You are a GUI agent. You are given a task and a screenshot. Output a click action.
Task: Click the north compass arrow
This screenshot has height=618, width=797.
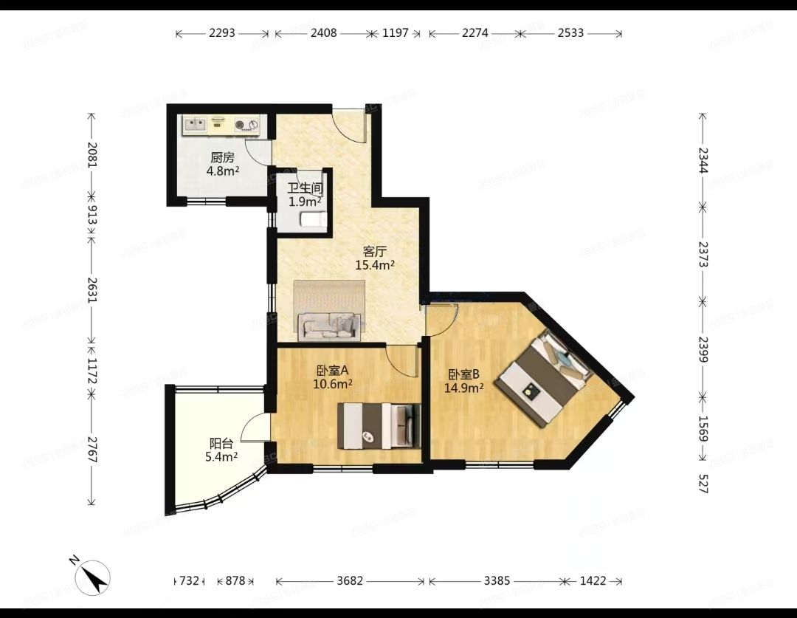92,578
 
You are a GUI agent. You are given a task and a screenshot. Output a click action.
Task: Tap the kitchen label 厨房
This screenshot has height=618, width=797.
223,158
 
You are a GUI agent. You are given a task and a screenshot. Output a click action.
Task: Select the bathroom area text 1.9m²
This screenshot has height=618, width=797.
305,202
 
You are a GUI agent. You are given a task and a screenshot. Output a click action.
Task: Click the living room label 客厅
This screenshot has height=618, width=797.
375,251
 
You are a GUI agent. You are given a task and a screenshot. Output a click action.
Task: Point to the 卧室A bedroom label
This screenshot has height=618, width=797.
332,371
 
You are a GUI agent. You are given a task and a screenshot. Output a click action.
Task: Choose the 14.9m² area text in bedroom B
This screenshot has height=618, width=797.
463,388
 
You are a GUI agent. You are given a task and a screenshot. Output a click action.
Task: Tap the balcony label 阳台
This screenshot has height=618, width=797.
221,444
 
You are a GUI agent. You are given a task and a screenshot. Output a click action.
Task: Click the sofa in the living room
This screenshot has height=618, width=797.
330,326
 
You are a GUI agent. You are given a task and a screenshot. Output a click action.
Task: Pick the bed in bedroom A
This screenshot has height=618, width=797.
380,426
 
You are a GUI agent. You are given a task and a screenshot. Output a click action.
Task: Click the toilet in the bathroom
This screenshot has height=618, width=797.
313,220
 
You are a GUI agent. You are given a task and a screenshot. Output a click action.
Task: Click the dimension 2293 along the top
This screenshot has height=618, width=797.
222,33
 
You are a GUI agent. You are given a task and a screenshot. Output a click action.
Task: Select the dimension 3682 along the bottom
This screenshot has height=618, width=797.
351,580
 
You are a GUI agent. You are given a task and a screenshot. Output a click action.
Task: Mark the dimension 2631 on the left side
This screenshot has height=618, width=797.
92,290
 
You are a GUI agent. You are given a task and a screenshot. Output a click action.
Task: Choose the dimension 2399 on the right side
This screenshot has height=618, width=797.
703,349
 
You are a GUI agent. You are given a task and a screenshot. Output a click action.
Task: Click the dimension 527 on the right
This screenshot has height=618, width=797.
703,484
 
